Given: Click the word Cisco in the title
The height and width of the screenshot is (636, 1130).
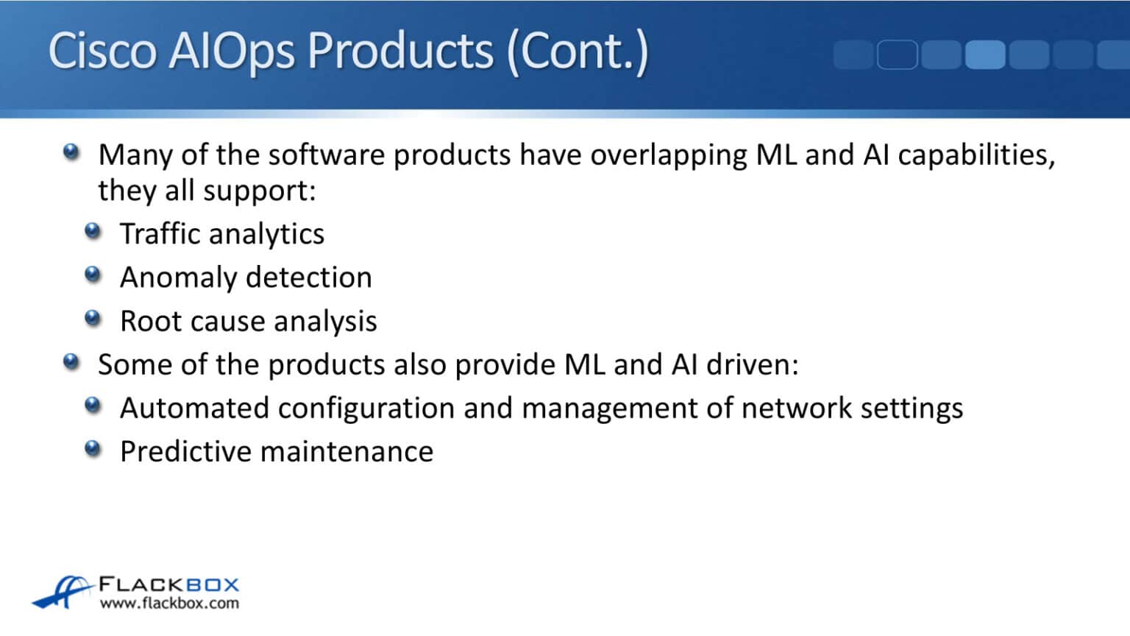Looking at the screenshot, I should click(102, 52).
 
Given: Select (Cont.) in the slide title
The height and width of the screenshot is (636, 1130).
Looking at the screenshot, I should click(577, 52).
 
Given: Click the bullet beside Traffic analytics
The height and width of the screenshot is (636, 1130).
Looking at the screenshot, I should click(93, 232).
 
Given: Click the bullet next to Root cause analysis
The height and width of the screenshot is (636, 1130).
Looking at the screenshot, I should click(93, 319).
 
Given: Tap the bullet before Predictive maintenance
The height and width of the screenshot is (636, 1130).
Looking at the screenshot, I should click(93, 448).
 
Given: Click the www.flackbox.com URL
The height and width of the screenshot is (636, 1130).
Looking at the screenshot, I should click(169, 604).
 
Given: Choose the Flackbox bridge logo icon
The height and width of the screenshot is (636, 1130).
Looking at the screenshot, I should click(63, 592).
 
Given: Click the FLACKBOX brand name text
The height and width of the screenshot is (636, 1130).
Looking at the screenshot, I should click(169, 585).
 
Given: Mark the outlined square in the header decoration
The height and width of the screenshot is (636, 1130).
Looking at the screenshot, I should click(897, 54).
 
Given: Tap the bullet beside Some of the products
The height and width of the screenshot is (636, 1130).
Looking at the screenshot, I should click(71, 362).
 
